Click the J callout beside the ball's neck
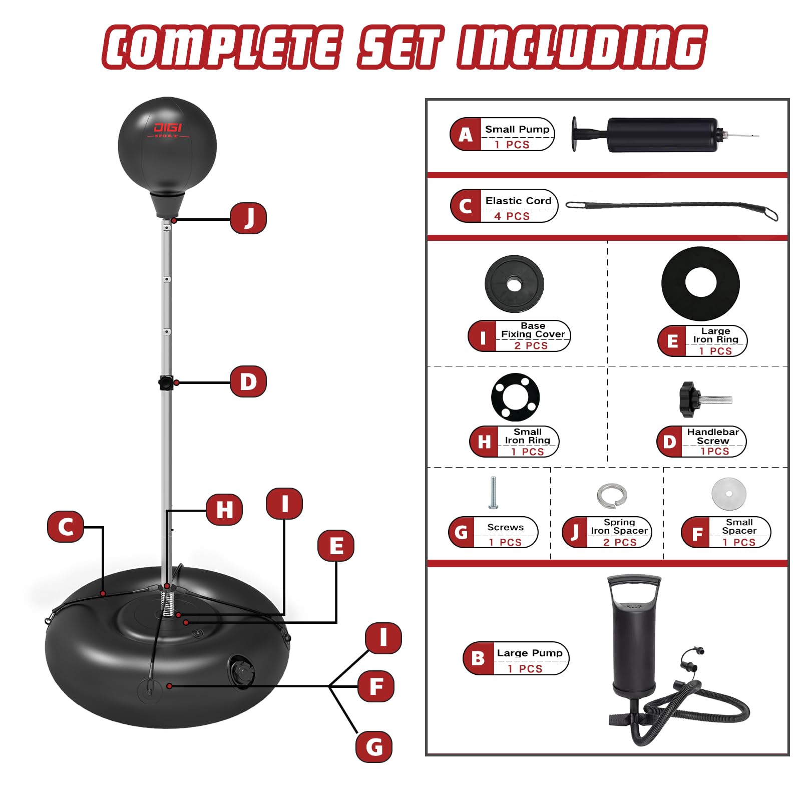(248, 218)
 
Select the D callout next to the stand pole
(248, 381)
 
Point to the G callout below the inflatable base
(374, 747)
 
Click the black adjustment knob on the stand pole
(166, 382)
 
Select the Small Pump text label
(517, 129)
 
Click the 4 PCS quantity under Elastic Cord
(512, 216)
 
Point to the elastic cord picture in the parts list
(672, 210)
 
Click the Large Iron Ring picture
(700, 283)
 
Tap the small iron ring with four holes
(515, 397)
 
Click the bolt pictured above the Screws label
(493, 493)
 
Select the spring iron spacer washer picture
(612, 496)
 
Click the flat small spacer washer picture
(729, 494)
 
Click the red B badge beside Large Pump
(478, 658)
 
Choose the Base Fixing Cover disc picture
(514, 284)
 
